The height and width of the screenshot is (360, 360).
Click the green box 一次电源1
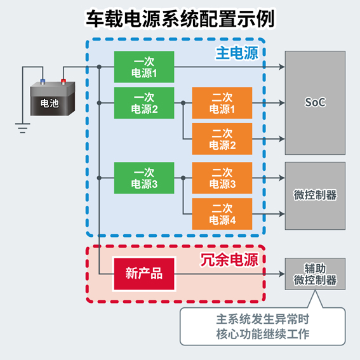point(144,67)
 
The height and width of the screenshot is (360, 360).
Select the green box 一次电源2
point(144,103)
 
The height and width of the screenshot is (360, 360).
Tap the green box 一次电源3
point(144,178)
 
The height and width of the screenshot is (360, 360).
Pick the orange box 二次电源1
point(222,103)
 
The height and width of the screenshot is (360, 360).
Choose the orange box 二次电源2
point(222,139)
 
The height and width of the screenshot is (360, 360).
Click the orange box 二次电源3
point(222,178)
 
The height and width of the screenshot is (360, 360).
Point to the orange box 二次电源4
point(222,214)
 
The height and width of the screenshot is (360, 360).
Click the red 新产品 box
point(144,274)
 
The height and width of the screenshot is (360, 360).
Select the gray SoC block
point(315,103)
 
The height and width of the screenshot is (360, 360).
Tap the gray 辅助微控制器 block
point(315,274)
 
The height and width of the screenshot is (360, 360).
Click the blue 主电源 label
point(237,53)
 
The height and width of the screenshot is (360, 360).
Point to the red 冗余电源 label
point(229,260)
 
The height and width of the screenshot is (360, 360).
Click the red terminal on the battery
point(63,81)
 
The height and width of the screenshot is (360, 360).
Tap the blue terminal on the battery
point(43,81)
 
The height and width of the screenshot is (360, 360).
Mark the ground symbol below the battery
point(22,128)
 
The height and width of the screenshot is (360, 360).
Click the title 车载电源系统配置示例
point(180,19)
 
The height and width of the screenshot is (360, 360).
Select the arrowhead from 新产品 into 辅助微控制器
point(282,274)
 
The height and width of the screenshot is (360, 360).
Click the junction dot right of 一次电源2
point(183,103)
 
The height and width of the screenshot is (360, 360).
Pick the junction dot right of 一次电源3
point(183,178)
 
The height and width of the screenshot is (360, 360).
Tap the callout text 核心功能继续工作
point(263,334)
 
